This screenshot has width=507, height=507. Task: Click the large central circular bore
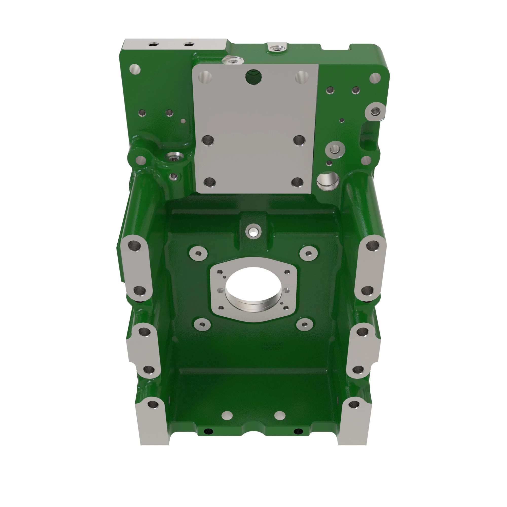[x=253, y=289]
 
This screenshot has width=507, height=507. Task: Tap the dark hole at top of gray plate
[x=253, y=76]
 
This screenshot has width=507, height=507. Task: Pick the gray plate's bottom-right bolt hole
[x=298, y=182]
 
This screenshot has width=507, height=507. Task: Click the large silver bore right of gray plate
[x=328, y=180]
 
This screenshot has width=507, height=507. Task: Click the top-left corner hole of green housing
[x=135, y=69]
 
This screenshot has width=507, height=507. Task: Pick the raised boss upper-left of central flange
[x=198, y=253]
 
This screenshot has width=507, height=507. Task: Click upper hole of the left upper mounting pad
[x=135, y=246]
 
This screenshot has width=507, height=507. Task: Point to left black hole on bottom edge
[x=208, y=431]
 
